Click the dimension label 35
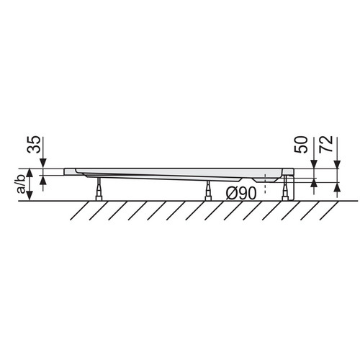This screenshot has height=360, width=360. point(33,145)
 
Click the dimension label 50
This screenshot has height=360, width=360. point(301,145)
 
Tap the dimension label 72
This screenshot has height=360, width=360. point(326,144)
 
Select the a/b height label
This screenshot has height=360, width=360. point(21,184)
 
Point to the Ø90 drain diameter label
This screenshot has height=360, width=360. point(241,194)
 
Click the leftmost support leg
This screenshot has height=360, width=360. point(99,189)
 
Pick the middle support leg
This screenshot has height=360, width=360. point(208,190)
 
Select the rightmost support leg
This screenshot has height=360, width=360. point(285,188)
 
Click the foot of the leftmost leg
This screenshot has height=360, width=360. point(99,198)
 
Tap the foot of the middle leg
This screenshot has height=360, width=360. point(208,198)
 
